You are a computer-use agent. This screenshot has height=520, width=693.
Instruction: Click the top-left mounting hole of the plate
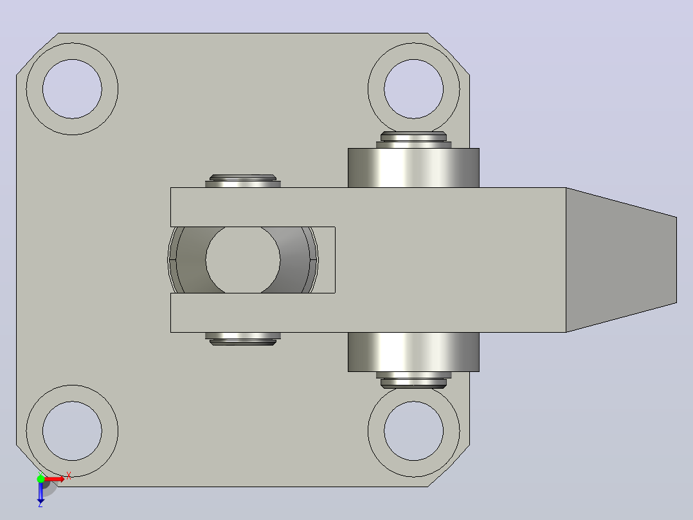pyautogui.click(x=72, y=89)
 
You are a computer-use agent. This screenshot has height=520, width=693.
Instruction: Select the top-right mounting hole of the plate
pyautogui.click(x=414, y=89)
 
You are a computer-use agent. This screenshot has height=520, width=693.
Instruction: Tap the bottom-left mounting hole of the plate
pyautogui.click(x=72, y=431)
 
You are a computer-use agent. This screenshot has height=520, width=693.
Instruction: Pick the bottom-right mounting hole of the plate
pyautogui.click(x=414, y=431)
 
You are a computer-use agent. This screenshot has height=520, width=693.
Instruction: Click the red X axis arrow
pyautogui.click(x=55, y=479)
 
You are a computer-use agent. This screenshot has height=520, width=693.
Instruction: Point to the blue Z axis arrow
pyautogui.click(x=40, y=492)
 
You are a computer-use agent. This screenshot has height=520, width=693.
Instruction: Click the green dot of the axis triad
pyautogui.click(x=40, y=479)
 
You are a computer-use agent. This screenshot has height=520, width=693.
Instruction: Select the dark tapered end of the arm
pyautogui.click(x=622, y=260)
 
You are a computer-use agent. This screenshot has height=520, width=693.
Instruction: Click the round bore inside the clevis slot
pyautogui.click(x=243, y=260)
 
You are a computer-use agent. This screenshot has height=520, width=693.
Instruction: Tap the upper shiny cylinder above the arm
pyautogui.click(x=414, y=168)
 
